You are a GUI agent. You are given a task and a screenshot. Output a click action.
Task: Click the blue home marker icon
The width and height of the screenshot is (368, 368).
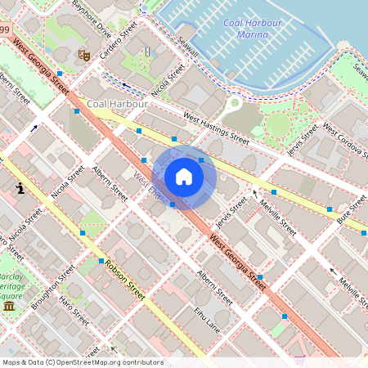tap(184, 177)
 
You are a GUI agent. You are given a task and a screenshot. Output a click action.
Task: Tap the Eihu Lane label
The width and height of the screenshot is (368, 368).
tap(207, 318)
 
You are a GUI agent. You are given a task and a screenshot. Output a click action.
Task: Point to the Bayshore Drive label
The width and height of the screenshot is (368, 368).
tap(91, 19)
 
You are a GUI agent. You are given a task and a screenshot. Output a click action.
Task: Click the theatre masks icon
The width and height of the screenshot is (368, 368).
tap(83, 55)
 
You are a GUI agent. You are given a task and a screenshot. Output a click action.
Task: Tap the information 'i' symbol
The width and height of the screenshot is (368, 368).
tap(20, 189)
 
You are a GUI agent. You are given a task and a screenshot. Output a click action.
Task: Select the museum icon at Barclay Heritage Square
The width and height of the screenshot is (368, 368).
tap(9, 306)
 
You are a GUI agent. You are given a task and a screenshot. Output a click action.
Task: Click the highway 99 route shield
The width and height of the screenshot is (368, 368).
tap(5, 30)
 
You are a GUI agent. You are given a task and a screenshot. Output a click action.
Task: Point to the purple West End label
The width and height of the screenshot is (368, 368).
tap(148, 185)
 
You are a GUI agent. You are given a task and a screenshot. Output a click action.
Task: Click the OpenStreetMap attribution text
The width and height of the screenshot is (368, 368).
tap(82, 362)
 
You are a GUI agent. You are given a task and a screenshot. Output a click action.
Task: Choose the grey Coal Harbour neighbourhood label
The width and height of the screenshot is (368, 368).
tap(117, 104)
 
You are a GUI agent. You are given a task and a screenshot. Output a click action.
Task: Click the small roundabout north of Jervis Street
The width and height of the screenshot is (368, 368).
tap(235, 102)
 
